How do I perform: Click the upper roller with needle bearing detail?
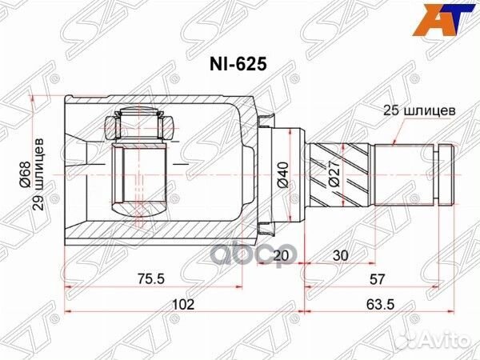[x=141, y=124]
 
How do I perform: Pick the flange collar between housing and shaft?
[x=268, y=170]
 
